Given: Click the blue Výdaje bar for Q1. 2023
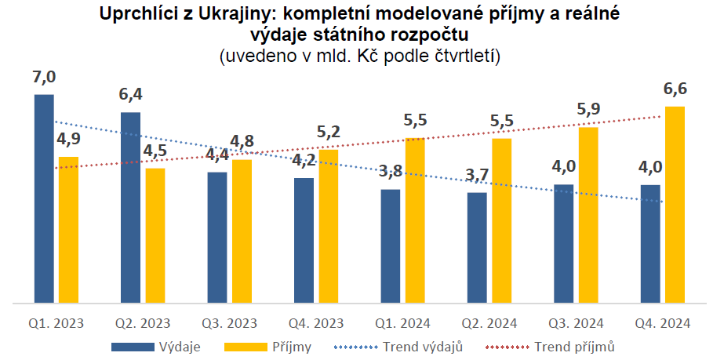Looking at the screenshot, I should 44,198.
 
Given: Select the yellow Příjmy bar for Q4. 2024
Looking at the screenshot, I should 675,204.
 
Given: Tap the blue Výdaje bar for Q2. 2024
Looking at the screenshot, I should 477,246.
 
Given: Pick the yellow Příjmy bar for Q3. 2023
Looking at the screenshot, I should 242,231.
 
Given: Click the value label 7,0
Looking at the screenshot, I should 45,77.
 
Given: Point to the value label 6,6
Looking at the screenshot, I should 675,89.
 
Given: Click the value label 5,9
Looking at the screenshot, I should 588,110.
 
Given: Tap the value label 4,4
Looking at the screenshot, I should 217,155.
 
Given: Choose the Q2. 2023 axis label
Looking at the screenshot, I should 143,322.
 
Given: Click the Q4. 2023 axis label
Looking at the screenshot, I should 316,322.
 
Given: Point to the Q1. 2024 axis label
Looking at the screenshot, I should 403,322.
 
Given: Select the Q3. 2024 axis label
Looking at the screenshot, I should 576,322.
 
